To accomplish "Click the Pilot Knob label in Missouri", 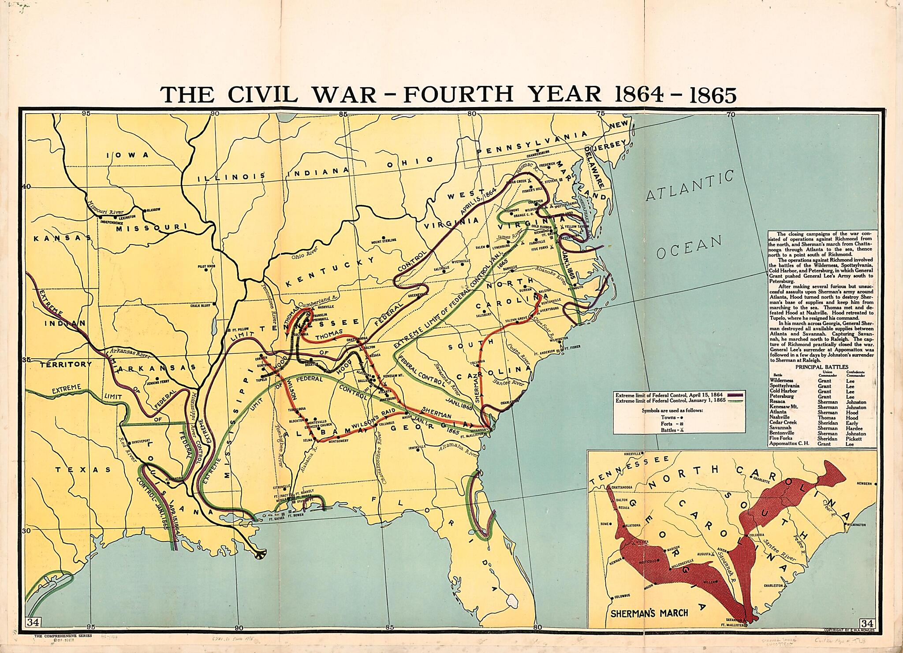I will point(206,267).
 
